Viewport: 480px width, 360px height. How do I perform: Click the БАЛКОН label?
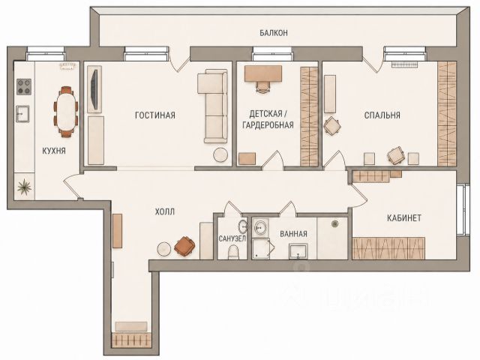(274, 33)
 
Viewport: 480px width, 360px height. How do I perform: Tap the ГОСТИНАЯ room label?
(155, 115)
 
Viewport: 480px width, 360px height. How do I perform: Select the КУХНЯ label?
(54, 151)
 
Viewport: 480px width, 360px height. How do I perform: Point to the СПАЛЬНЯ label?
(382, 115)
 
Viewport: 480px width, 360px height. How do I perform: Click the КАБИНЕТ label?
(404, 218)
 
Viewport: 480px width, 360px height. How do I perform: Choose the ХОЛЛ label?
(165, 211)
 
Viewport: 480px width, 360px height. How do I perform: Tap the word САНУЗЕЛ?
(232, 238)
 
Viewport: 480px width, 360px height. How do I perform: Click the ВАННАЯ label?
(293, 234)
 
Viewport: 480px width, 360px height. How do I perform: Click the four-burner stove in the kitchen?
(24, 87)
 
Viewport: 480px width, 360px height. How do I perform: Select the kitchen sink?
(22, 113)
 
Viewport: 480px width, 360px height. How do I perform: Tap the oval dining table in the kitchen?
(66, 112)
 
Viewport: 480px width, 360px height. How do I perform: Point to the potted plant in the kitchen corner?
(24, 187)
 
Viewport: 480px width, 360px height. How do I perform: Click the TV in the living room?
(95, 89)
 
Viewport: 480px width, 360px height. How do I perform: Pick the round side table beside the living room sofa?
(220, 155)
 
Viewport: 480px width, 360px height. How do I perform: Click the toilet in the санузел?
(233, 252)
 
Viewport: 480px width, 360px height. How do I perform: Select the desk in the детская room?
(263, 73)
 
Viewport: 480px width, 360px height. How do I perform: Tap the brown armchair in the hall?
(184, 246)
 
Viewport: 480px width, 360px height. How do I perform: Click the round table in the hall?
(164, 250)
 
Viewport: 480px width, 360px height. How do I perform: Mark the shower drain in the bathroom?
(334, 224)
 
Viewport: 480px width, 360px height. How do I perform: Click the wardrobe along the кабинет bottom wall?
(388, 248)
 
